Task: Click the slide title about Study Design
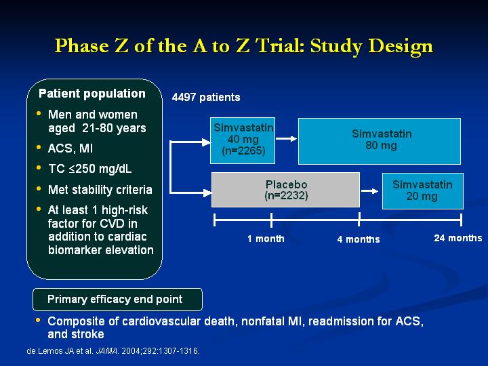pos(244,46)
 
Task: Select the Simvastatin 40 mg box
pos(243,140)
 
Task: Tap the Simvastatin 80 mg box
pos(380,141)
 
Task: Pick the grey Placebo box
pos(286,190)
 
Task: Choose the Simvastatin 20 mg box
pos(423,190)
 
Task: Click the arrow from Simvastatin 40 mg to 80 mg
pos(286,138)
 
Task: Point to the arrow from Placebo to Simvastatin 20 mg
pos(370,190)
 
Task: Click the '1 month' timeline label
pos(266,239)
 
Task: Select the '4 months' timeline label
pos(359,239)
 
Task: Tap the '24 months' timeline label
pos(457,238)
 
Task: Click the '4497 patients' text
pos(206,98)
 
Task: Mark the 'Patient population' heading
pos(92,94)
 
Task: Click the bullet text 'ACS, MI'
pos(70,148)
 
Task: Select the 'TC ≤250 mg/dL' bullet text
pos(90,169)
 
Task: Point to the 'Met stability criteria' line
pos(100,190)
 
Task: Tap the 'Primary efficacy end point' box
pos(117,300)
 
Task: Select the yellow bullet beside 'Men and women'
pos(39,113)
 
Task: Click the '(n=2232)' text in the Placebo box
pos(286,196)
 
